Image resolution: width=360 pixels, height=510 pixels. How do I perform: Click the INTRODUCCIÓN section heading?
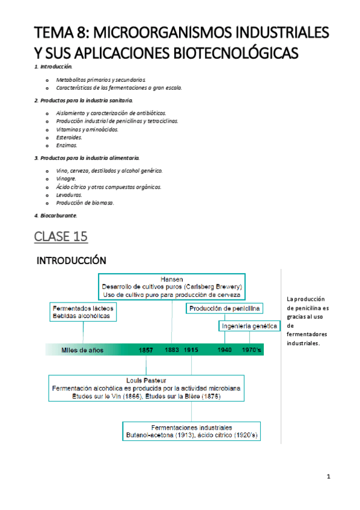72,261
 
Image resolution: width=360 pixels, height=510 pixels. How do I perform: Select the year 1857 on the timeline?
146,349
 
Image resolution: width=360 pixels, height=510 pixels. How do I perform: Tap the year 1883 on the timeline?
172,349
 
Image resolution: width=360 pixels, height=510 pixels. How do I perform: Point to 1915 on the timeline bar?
191,349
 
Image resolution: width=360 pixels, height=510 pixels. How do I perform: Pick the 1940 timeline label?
224,349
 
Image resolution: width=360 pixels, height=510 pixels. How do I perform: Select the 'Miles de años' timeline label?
82,349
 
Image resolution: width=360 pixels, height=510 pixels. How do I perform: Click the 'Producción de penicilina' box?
225,309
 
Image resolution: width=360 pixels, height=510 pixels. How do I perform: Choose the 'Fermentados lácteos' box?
82,312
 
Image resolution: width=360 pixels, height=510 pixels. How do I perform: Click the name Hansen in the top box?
171,278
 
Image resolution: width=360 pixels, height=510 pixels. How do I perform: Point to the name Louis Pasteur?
147,381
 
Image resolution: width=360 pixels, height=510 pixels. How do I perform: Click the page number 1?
329,477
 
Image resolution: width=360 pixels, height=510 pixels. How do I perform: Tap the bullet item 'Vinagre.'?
66,179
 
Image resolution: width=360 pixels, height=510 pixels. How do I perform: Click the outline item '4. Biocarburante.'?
56,215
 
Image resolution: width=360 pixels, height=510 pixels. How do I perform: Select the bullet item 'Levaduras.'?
70,195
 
